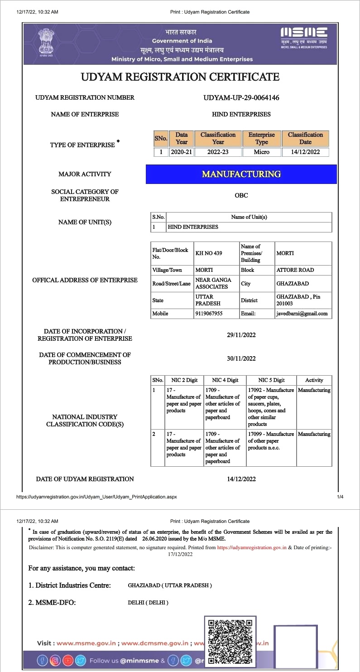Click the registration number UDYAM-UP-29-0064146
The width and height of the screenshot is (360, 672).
[x=241, y=97]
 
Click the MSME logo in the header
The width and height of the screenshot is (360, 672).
[x=303, y=36]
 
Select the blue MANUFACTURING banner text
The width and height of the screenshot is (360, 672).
[x=241, y=174]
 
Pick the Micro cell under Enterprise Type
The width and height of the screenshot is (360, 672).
[x=261, y=152]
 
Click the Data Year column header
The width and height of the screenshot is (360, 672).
[x=182, y=138]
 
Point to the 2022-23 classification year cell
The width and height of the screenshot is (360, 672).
[x=218, y=152]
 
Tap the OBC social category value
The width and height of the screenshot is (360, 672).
[x=241, y=195]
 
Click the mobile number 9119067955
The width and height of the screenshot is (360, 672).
[x=209, y=313]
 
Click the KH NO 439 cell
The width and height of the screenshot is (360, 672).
[x=209, y=253]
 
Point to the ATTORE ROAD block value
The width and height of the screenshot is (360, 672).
[x=295, y=270]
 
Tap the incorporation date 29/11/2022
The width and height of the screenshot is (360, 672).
[x=241, y=335]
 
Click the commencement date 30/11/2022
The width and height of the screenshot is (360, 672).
[x=241, y=358]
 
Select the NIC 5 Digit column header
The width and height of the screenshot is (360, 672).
[x=271, y=380]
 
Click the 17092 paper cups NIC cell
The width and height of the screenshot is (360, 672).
[x=271, y=407]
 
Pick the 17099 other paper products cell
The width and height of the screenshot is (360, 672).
[x=271, y=441]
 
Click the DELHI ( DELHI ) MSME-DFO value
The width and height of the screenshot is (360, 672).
[x=148, y=603]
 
